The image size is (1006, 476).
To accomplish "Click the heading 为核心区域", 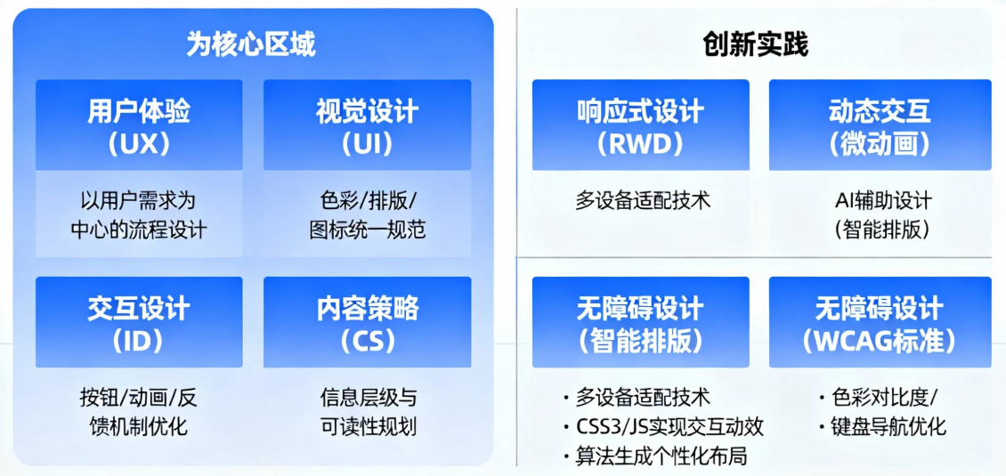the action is point(251,44).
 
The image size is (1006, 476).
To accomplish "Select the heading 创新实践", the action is point(755,44).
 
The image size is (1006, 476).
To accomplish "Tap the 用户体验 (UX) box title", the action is point(139,128).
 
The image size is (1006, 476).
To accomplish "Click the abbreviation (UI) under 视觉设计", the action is point(367,144).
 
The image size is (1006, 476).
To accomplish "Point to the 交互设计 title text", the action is point(139,310).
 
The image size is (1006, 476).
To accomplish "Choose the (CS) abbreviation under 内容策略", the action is point(367,342).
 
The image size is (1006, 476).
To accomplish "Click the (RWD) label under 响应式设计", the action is point(640,144).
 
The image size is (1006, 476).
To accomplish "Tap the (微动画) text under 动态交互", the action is point(879,144).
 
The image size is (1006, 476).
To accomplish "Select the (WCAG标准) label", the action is point(879,342).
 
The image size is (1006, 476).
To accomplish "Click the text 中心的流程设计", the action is point(139,230).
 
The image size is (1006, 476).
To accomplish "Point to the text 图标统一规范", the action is point(367,230).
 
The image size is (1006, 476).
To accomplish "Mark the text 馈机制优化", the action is point(139,426).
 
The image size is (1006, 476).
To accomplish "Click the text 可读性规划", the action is point(367,426).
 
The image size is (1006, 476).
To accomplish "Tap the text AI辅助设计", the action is point(883,201).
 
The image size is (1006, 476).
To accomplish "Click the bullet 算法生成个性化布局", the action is point(655,456).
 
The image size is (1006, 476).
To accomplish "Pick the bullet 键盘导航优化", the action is point(883,426).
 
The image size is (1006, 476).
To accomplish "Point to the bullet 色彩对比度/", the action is point(878,397).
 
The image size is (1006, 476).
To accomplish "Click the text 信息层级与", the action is point(367,398).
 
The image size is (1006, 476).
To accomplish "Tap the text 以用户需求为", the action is point(139,201).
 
